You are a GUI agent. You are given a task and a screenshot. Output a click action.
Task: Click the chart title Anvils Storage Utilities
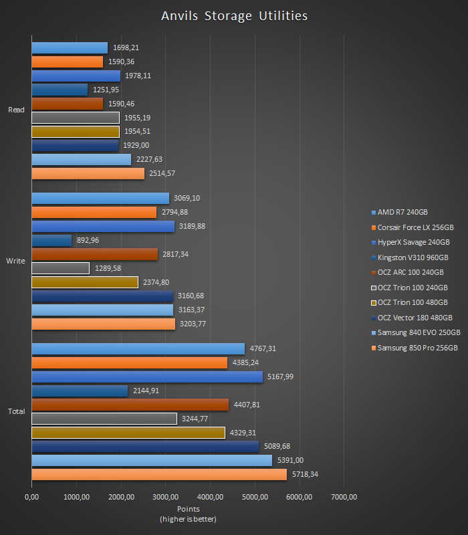(234, 15)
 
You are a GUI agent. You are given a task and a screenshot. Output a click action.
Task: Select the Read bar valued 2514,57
(88, 174)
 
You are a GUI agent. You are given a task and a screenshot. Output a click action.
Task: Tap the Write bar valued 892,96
(51, 240)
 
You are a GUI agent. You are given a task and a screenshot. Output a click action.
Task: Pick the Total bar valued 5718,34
(159, 474)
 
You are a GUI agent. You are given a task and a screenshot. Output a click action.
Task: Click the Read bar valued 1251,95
(60, 90)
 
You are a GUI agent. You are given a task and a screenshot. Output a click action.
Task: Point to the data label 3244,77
(196, 419)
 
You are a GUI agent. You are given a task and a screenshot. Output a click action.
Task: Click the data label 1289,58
(108, 268)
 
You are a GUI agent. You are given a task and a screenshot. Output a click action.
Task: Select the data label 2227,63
(149, 160)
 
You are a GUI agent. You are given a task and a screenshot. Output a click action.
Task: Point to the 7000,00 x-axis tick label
(344, 497)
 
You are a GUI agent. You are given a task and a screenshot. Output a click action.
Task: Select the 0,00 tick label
(31, 497)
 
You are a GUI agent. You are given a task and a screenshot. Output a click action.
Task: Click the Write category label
(15, 261)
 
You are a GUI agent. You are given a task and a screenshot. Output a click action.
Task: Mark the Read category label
(16, 110)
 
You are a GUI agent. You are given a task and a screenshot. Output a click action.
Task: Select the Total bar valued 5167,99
(147, 377)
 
